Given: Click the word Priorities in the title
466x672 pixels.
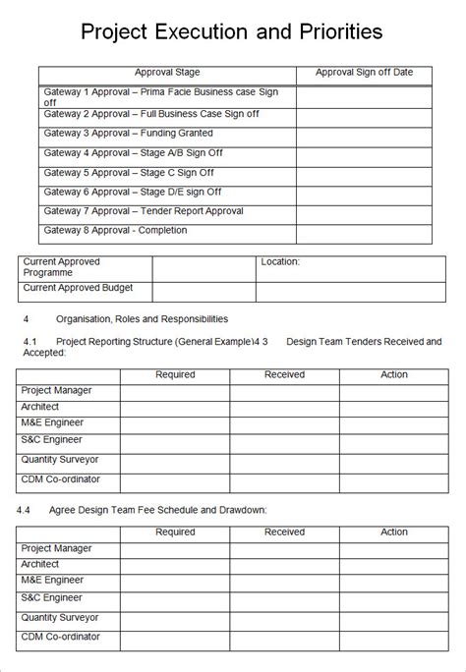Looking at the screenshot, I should click(332, 32).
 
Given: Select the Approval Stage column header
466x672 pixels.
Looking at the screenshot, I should click(167, 73).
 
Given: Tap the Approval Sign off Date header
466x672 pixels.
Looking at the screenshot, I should click(364, 73).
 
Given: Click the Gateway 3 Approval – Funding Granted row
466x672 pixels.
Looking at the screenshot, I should click(129, 133).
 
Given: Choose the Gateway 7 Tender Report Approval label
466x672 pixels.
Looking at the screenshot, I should click(144, 211).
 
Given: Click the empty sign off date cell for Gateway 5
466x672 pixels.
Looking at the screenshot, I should click(364, 173).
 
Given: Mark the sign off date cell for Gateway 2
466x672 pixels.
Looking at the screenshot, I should click(364, 114).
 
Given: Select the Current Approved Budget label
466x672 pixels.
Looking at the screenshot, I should click(78, 289).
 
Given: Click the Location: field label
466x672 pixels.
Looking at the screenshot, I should click(280, 262).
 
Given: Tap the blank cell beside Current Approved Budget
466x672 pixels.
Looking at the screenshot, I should click(204, 292).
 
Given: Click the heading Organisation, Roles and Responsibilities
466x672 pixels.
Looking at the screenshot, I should click(142, 319).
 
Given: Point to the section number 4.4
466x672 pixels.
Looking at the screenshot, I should click(25, 510).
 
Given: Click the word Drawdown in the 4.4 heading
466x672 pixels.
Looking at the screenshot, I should click(241, 510).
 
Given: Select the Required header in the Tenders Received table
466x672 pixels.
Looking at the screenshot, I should click(175, 374).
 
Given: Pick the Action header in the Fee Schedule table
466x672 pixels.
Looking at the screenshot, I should click(394, 532).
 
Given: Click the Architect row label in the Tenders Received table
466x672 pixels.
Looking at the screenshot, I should click(40, 407).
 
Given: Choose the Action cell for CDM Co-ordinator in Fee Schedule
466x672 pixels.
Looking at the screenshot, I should click(394, 640).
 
